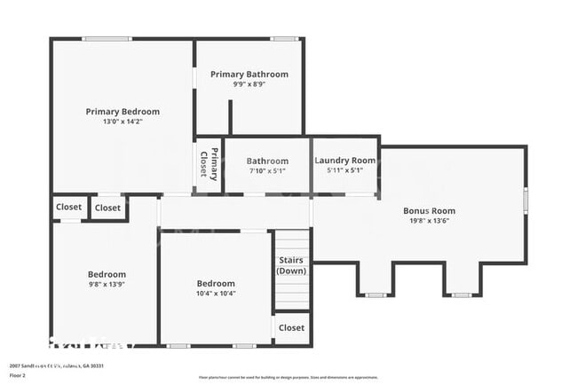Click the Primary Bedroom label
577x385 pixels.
123,112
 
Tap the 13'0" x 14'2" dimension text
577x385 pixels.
123,122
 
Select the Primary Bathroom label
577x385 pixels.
249,75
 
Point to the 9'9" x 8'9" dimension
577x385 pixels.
249,85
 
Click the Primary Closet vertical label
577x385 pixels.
209,164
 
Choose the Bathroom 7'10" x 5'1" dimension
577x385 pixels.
267,171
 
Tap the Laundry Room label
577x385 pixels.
345,161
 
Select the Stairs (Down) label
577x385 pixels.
291,265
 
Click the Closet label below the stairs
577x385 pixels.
291,328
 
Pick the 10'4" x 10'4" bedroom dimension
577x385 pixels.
216,294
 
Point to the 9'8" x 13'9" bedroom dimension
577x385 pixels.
107,285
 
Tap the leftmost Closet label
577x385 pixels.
69,208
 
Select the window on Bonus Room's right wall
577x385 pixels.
526,200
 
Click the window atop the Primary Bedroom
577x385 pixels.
107,38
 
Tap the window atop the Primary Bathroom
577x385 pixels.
284,38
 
